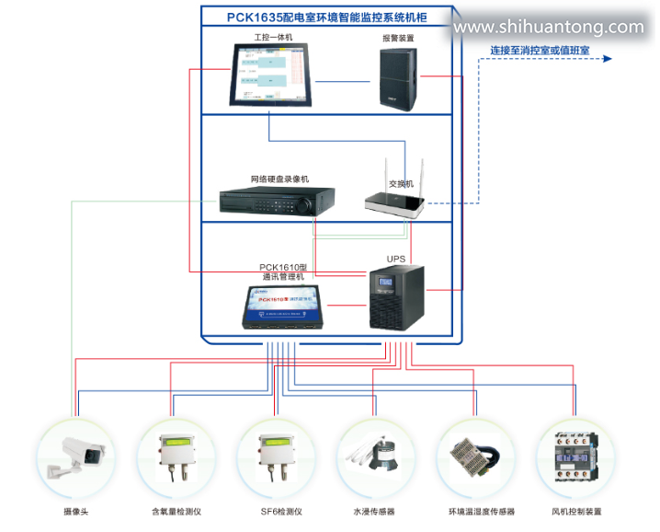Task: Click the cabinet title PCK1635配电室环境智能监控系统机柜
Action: click(x=326, y=16)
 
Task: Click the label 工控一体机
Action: click(x=273, y=37)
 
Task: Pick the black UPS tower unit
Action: click(x=397, y=297)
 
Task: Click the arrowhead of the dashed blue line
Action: click(x=608, y=60)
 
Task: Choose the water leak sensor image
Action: click(x=374, y=456)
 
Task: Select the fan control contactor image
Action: click(x=575, y=456)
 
